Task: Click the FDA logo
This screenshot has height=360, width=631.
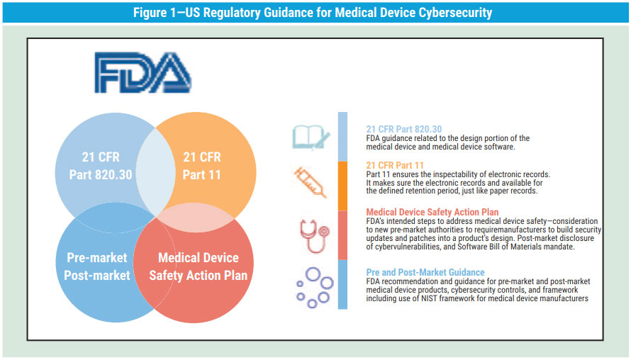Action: point(143,72)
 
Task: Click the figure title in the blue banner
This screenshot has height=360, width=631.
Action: point(313,13)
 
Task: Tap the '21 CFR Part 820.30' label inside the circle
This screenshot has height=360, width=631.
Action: point(101,166)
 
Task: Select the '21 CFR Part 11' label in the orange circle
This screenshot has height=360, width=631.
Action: point(201,166)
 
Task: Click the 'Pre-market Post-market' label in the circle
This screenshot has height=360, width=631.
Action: point(97,266)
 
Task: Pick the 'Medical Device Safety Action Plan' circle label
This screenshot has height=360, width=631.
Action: point(198,266)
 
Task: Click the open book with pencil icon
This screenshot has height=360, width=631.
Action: point(311,137)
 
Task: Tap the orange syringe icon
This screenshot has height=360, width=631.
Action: point(310,182)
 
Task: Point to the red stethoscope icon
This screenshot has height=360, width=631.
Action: point(314,236)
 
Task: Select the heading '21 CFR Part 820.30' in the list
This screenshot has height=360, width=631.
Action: point(403,129)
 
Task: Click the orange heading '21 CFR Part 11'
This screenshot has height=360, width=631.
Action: point(395,165)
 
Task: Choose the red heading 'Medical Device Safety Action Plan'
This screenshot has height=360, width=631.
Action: point(432,212)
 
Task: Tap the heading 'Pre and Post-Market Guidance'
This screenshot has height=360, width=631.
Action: point(425,272)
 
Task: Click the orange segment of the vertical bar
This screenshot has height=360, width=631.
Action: point(342,186)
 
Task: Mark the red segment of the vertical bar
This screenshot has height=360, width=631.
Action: point(342,235)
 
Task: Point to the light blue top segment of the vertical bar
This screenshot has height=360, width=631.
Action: point(342,137)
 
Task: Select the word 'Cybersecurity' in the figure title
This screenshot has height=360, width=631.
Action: point(455,13)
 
